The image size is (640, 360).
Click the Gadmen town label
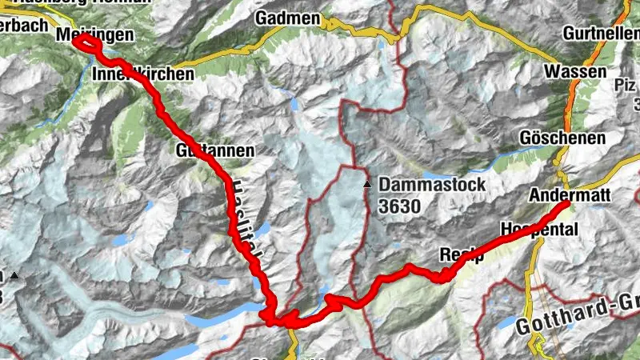click(x=288, y=18)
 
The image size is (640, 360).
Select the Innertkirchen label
click(x=144, y=74)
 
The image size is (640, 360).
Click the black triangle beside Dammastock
click(x=367, y=185)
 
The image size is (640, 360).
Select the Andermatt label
click(x=570, y=194)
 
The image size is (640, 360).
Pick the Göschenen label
click(x=562, y=138)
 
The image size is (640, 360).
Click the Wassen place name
click(x=574, y=72)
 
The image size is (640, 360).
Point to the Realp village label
click(x=458, y=255)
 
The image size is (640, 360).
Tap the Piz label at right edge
click(x=625, y=85)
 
